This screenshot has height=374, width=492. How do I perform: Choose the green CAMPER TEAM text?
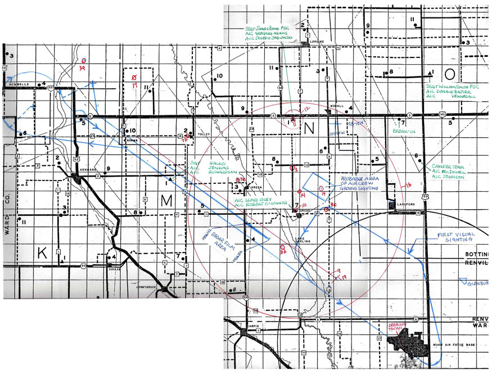pos(447,167)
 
